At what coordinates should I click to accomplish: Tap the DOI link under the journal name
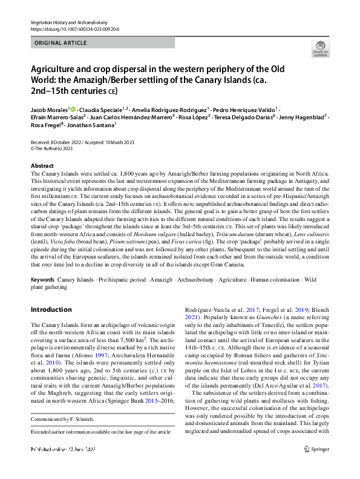pos(72,29)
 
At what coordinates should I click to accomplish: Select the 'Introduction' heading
pos(51,309)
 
